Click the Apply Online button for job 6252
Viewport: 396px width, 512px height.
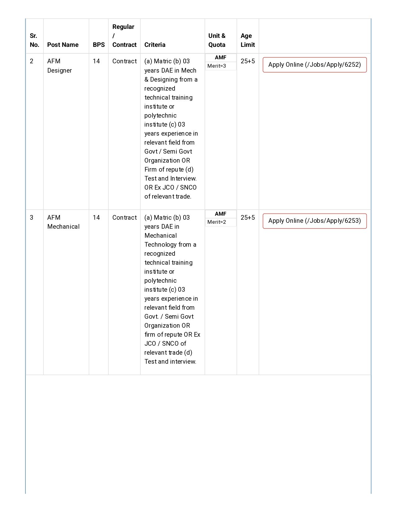[x=315, y=65]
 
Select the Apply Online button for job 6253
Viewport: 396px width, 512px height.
[x=315, y=221]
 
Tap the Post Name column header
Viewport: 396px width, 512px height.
[x=63, y=45]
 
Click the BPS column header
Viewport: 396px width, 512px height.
[x=99, y=45]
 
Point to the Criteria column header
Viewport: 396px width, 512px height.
[x=155, y=45]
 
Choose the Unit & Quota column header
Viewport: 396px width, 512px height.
[x=217, y=40]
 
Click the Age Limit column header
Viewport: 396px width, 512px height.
[x=248, y=40]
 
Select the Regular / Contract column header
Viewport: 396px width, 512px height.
[x=124, y=36]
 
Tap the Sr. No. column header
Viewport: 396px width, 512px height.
[x=34, y=40]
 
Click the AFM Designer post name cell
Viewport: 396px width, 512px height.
[x=59, y=66]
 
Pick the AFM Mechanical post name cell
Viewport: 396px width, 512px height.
[x=63, y=222]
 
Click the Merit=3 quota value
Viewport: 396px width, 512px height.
[x=217, y=66]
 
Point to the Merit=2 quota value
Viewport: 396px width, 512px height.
[x=217, y=222]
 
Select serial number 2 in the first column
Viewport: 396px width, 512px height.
[x=31, y=61]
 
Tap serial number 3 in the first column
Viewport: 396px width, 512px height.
[x=31, y=218]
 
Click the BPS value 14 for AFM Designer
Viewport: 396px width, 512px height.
[x=96, y=61]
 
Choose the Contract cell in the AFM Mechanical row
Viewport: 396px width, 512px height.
[x=124, y=218]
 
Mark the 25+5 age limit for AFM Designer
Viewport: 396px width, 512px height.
[x=248, y=61]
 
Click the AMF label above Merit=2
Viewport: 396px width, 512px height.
[x=221, y=214]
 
